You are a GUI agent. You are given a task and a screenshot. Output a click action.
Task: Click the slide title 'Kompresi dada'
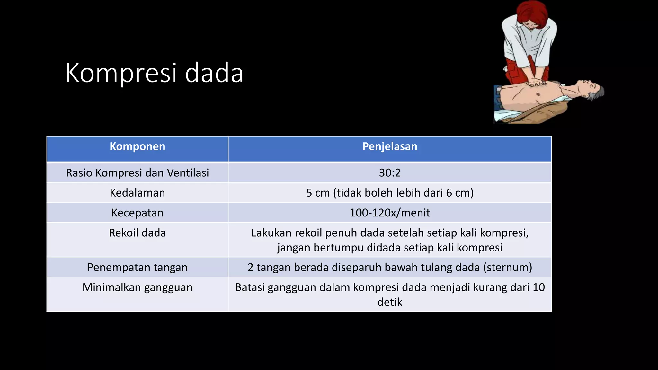click(x=154, y=73)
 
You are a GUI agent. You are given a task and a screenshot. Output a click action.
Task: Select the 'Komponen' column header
click(x=137, y=146)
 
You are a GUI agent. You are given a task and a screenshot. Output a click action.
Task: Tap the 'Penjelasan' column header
click(x=389, y=146)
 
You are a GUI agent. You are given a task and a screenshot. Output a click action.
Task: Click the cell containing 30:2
click(x=389, y=173)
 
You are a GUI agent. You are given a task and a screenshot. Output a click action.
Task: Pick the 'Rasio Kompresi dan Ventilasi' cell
click(x=137, y=173)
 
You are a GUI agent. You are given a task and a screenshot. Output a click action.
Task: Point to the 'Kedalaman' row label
click(x=137, y=193)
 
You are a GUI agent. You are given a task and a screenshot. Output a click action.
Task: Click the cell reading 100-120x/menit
click(x=389, y=213)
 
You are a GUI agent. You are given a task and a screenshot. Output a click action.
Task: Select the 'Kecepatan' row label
click(x=137, y=213)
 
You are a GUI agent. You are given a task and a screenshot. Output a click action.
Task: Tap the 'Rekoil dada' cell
click(x=137, y=233)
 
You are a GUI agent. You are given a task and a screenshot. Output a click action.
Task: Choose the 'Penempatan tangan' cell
click(x=137, y=267)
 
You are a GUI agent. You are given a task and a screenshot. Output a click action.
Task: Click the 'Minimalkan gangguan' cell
click(x=137, y=287)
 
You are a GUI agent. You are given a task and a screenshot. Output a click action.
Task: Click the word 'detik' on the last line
click(x=389, y=302)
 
